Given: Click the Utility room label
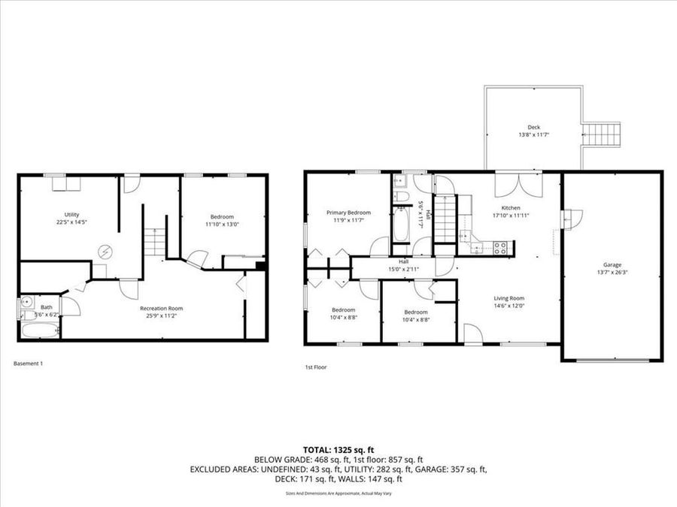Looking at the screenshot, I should click(71, 215).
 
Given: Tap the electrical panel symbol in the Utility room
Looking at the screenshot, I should click(106, 251).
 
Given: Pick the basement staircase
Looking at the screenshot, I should click(154, 241).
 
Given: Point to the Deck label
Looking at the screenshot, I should click(533, 128).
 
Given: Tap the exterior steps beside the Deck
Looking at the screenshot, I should click(601, 135).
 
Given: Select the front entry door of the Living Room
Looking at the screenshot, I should click(473, 334).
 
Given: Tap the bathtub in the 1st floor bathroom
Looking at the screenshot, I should click(399, 225).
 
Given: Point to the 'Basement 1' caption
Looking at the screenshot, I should click(29, 364).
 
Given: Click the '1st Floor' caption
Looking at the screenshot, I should click(315, 367).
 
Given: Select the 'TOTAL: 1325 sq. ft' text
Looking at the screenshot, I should click(338, 450).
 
